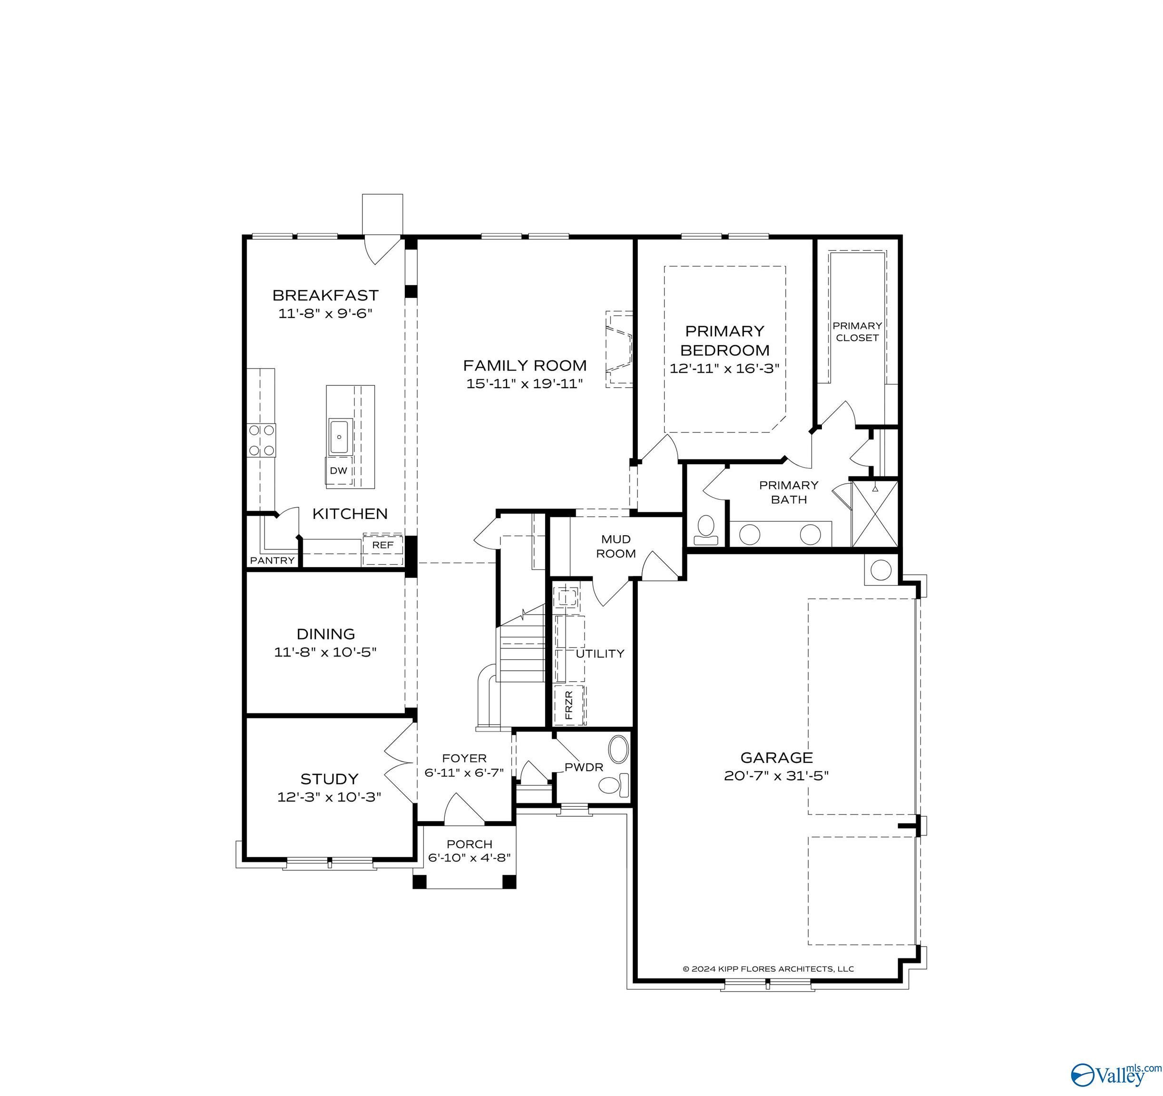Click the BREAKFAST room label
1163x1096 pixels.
coord(325,295)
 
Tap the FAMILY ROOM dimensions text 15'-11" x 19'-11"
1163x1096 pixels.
coord(525,384)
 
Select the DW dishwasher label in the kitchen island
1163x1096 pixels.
coord(339,470)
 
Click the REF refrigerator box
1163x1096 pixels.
coord(382,549)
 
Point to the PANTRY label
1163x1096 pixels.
coord(273,560)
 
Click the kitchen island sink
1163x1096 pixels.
coord(340,437)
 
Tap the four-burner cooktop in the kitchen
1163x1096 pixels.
coord(262,440)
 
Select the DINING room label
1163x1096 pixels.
coord(326,634)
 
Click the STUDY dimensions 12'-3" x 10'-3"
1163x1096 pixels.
coord(329,797)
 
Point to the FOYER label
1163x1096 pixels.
coord(465,758)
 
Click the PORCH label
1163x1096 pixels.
coord(470,844)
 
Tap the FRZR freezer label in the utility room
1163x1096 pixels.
coord(569,705)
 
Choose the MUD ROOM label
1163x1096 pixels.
coord(616,546)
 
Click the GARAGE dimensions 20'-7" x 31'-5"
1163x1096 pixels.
coord(777,776)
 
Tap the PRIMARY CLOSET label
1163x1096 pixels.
coord(857,331)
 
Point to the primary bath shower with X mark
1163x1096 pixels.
coord(875,514)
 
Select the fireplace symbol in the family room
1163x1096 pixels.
coord(619,349)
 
